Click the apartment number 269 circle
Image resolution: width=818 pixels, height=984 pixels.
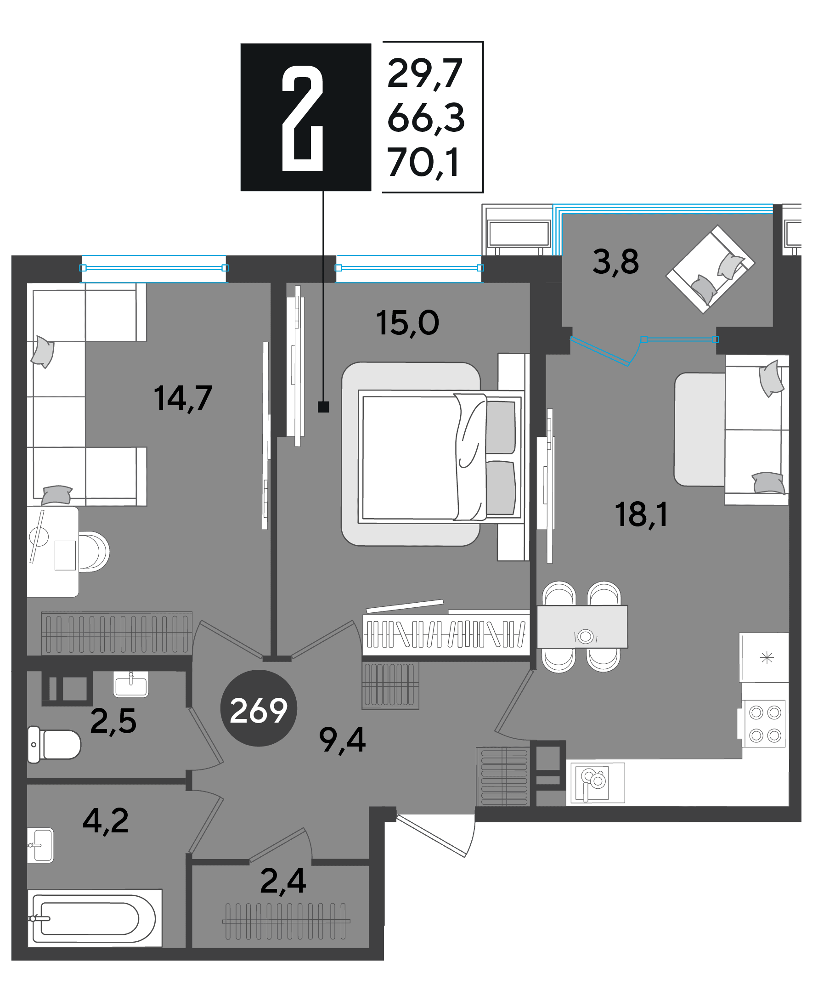pyautogui.click(x=259, y=708)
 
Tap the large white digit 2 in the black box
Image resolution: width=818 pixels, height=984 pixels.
pyautogui.click(x=303, y=118)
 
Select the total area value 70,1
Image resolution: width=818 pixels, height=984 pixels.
pyautogui.click(x=423, y=162)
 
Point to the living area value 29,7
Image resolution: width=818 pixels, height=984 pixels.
pyautogui.click(x=425, y=73)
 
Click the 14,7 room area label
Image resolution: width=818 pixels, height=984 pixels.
pyautogui.click(x=183, y=398)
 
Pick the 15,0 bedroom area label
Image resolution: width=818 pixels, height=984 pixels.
pyautogui.click(x=407, y=323)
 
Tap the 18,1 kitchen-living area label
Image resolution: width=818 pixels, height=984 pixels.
pyautogui.click(x=641, y=515)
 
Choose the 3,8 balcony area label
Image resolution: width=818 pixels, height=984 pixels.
pyautogui.click(x=615, y=262)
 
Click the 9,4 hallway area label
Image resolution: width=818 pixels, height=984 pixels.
pyautogui.click(x=342, y=741)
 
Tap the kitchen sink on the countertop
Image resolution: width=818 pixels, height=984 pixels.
pyautogui.click(x=595, y=783)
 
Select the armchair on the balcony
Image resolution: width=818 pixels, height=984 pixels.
pyautogui.click(x=710, y=268)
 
